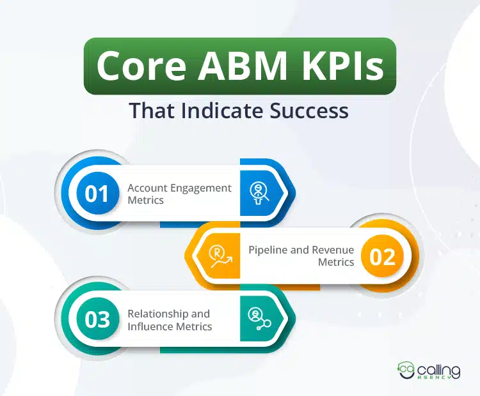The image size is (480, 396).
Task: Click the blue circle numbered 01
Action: (x=97, y=194)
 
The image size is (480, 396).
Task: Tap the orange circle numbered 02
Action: (x=382, y=257)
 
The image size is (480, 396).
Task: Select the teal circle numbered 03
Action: (x=97, y=319)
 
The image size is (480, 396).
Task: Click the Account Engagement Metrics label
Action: (x=179, y=194)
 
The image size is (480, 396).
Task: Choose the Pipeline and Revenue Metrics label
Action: (x=301, y=256)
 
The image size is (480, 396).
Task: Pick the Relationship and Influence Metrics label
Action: (x=170, y=319)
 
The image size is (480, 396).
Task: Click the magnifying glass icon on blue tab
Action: (x=259, y=193)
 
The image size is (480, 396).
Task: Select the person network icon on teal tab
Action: (x=259, y=319)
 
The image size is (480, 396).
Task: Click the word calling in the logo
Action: (x=440, y=369)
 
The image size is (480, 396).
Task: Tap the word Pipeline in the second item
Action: (x=268, y=250)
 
